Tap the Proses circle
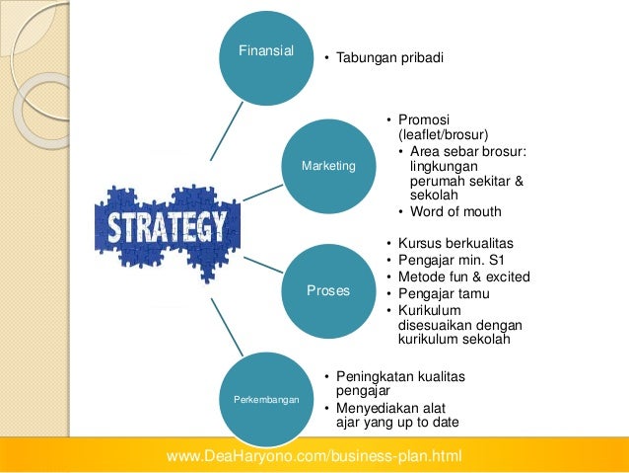(x=328, y=292)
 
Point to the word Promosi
(x=424, y=120)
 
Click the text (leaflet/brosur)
(x=444, y=134)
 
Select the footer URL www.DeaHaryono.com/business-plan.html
(x=314, y=455)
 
